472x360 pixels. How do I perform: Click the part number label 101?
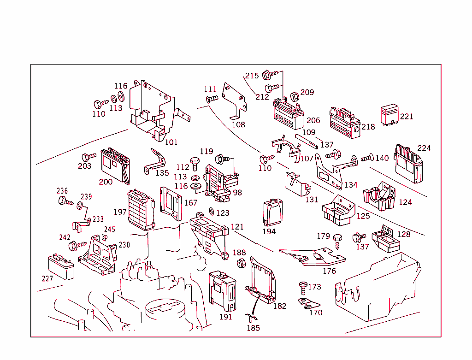click(x=171, y=142)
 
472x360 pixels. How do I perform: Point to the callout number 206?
click(x=313, y=121)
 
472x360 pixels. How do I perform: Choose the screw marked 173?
click(x=303, y=288)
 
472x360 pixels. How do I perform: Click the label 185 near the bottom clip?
click(x=253, y=328)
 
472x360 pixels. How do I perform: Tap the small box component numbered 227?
click(x=61, y=267)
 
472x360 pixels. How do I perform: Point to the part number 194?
click(x=269, y=231)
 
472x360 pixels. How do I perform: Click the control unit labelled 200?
click(x=115, y=164)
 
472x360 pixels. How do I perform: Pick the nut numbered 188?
click(x=241, y=263)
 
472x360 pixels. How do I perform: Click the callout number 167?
click(x=191, y=203)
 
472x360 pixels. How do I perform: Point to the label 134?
click(x=351, y=185)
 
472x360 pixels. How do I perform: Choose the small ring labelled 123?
click(x=211, y=212)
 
